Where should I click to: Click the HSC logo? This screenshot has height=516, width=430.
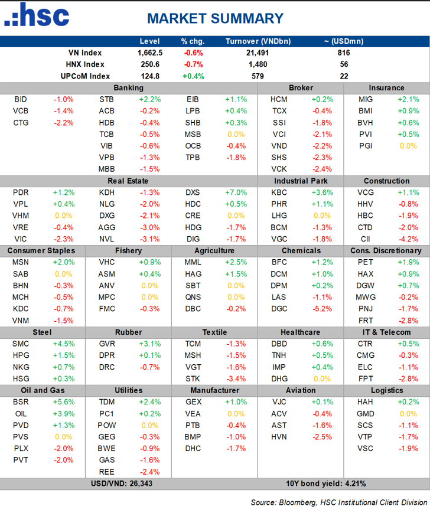click(37, 16)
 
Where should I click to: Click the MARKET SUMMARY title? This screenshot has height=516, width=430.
click(215, 18)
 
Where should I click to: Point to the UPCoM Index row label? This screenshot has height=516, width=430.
click(86, 76)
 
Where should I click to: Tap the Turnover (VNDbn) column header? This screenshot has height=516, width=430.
click(258, 41)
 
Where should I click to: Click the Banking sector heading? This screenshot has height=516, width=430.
click(128, 88)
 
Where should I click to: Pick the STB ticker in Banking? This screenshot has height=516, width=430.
click(107, 99)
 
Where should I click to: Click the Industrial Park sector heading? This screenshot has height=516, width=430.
click(301, 181)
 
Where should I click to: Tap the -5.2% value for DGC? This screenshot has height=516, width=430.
click(320, 309)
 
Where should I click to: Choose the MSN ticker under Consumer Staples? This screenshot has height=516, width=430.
click(20, 262)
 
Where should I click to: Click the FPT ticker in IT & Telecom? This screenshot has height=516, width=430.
click(365, 378)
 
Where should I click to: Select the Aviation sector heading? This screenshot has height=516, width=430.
click(301, 390)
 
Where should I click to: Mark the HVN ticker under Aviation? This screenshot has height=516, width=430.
click(279, 437)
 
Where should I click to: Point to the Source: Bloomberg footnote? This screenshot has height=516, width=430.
click(338, 502)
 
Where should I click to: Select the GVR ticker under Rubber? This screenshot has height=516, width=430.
click(107, 344)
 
